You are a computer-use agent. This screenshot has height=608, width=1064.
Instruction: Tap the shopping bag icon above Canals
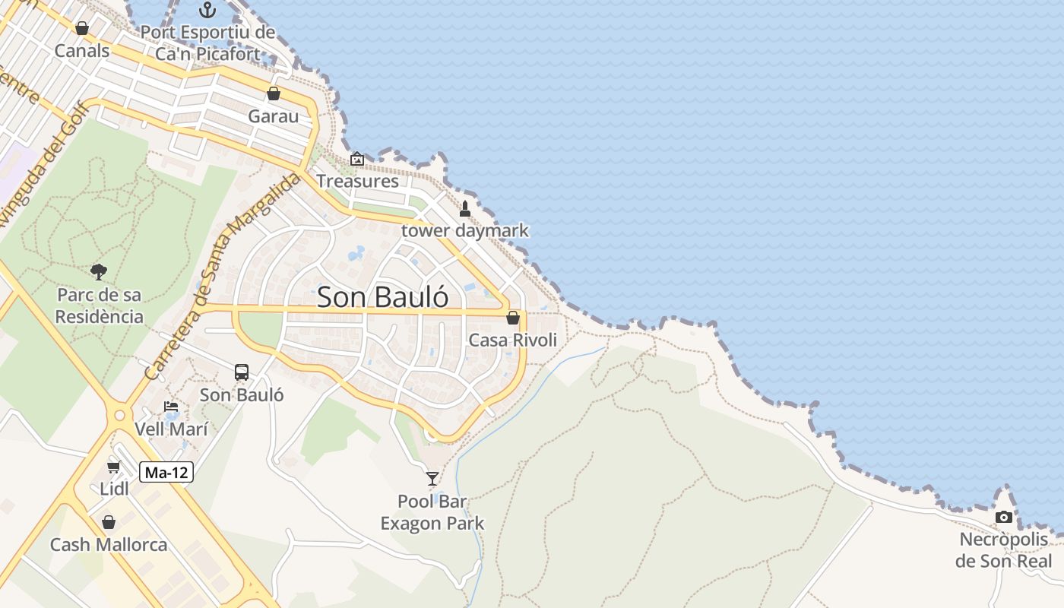click(82, 29)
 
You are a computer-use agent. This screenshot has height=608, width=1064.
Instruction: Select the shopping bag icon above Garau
click(274, 93)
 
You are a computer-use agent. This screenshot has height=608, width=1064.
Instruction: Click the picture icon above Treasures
click(356, 159)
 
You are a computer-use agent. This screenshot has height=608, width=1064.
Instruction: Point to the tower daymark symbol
click(465, 208)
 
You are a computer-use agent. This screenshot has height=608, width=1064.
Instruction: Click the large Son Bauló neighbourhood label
click(382, 297)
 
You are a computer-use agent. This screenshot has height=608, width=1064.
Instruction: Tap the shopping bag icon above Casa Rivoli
click(513, 318)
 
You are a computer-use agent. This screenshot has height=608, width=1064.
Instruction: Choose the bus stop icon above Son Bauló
click(242, 372)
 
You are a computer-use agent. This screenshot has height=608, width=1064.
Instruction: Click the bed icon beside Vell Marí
click(171, 407)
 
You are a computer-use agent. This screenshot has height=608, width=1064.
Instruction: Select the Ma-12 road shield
click(166, 473)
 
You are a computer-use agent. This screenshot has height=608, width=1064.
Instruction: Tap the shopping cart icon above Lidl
click(114, 467)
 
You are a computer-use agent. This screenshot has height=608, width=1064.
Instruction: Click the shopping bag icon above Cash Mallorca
click(109, 522)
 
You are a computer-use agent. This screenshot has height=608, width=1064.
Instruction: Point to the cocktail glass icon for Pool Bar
click(432, 478)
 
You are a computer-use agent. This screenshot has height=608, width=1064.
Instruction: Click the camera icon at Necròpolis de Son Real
click(1004, 518)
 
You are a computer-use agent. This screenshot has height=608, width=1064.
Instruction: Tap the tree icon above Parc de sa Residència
click(99, 271)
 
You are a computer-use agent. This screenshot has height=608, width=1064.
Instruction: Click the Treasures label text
click(357, 181)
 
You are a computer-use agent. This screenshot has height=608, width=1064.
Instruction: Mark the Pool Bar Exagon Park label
click(432, 512)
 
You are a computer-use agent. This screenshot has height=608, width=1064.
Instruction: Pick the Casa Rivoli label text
click(513, 340)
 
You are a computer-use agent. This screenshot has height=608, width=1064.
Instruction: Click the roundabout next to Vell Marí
click(119, 416)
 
